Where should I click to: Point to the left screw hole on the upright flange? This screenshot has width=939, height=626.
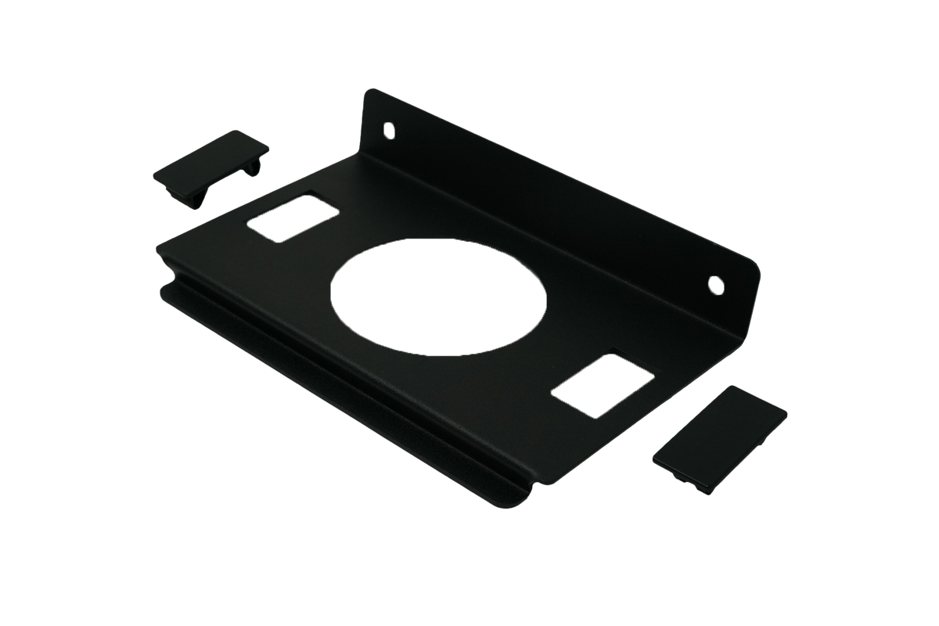[x=389, y=128]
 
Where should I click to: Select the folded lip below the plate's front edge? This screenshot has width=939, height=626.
[x=344, y=391]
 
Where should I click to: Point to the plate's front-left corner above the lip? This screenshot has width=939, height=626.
[x=160, y=249]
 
